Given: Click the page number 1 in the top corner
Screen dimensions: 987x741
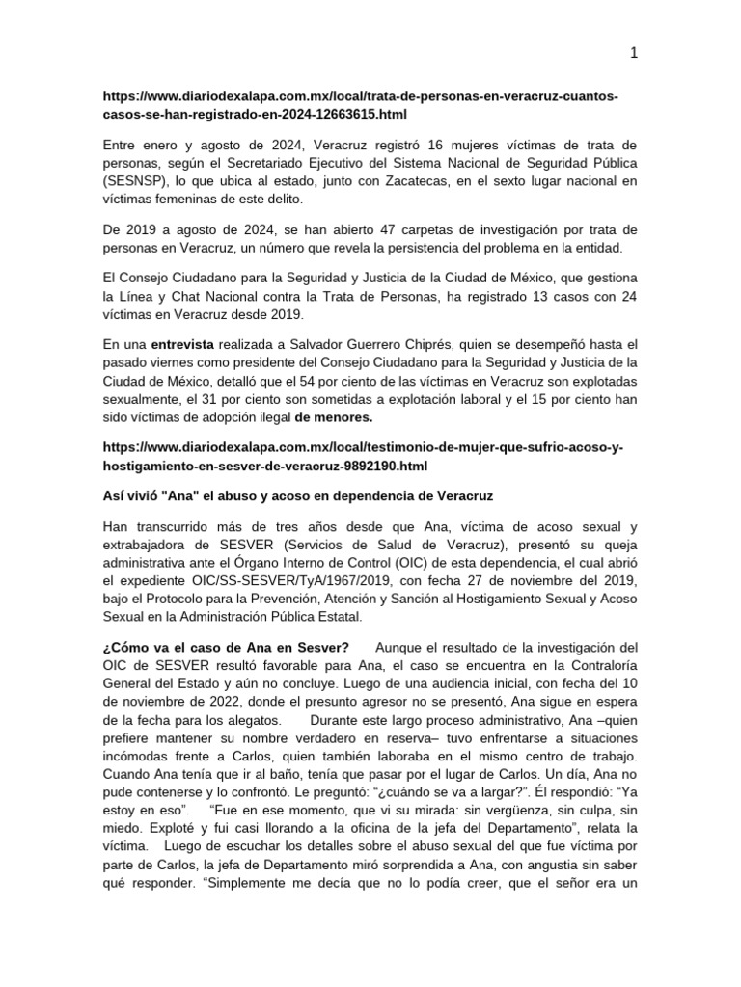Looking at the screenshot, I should click(x=634, y=54).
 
